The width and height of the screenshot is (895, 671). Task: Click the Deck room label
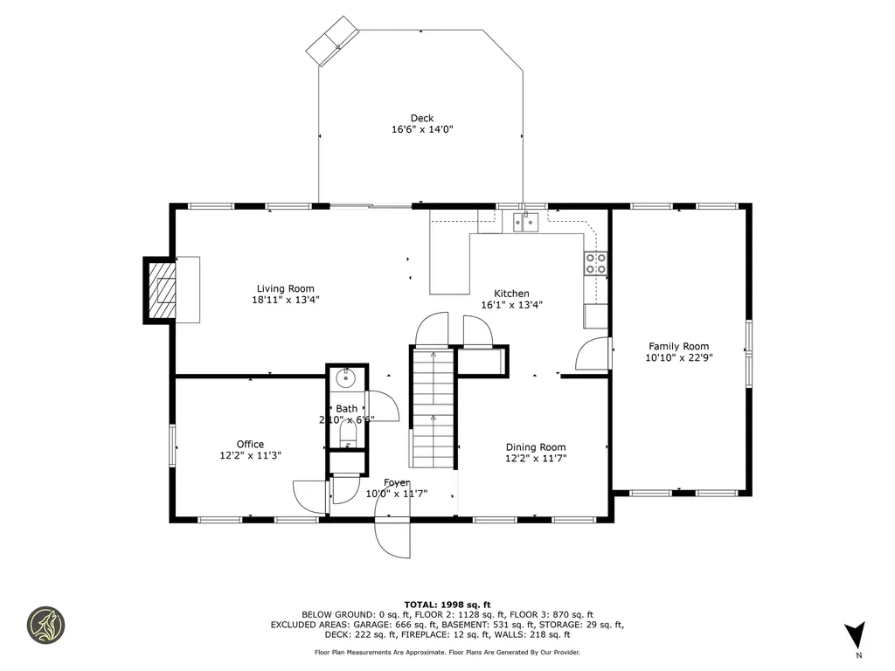pos(421,119)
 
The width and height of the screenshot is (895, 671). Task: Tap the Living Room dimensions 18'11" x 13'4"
pos(285,300)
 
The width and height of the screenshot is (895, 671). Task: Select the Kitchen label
pos(511,294)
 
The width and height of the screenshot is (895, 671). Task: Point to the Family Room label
pos(678,346)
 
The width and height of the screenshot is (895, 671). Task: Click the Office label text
pos(250,444)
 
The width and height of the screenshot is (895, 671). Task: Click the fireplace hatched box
pos(162,290)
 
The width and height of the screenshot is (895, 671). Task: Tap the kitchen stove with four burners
pos(596,264)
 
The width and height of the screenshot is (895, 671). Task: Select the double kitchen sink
pos(529,222)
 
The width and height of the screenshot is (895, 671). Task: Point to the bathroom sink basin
pos(345,378)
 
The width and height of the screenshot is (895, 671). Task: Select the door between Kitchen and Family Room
pos(593,354)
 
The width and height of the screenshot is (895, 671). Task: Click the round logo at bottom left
pos(46,626)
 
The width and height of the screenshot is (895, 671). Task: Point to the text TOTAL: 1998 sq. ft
pos(447,605)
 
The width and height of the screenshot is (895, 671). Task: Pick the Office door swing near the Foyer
pos(309,497)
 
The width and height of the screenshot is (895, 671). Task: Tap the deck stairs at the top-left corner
pos(333,43)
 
